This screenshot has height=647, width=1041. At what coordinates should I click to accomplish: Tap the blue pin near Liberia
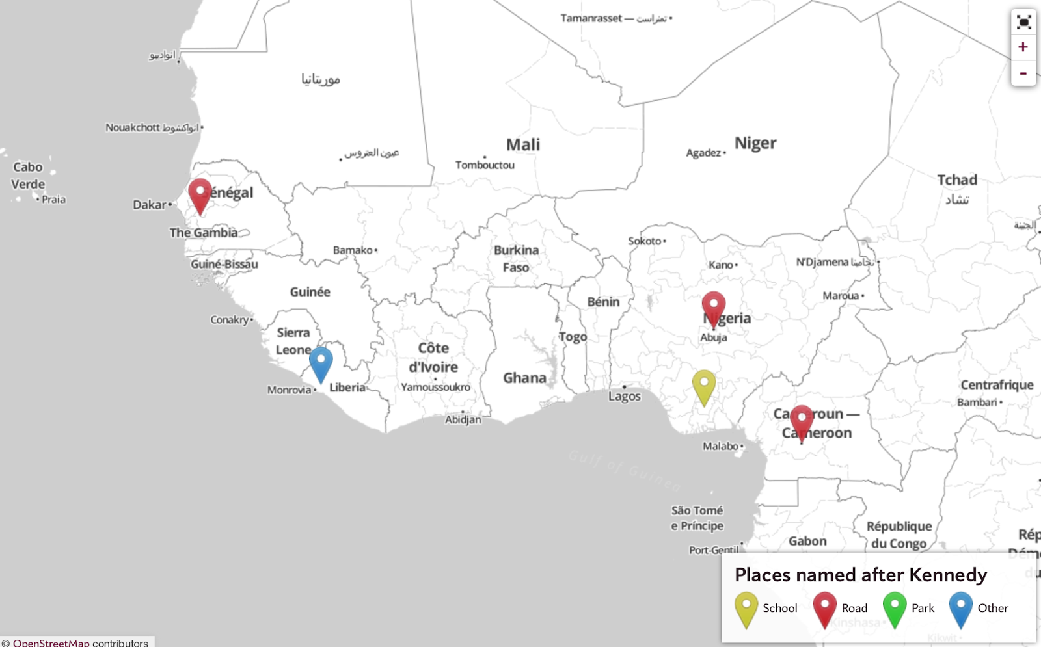pyautogui.click(x=321, y=362)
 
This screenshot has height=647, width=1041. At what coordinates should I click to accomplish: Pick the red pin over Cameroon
pyautogui.click(x=802, y=421)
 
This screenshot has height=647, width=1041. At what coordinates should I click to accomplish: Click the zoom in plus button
pyautogui.click(x=1023, y=47)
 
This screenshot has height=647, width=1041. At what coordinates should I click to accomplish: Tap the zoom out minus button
pyautogui.click(x=1023, y=73)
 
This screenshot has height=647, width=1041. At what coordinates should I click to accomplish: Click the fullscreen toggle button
pyautogui.click(x=1023, y=23)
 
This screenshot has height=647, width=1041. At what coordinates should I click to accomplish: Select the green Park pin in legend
pyautogui.click(x=895, y=609)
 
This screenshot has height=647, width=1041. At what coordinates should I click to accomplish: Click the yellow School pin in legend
pyautogui.click(x=746, y=609)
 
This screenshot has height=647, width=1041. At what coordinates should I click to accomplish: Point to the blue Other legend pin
pyautogui.click(x=960, y=609)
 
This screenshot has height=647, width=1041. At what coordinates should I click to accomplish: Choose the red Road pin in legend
pyautogui.click(x=824, y=609)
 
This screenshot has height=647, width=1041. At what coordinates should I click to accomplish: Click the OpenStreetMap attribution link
pyautogui.click(x=51, y=642)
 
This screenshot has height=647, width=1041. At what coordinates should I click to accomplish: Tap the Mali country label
pyautogui.click(x=523, y=144)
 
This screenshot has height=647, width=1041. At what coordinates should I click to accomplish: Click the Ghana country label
pyautogui.click(x=524, y=378)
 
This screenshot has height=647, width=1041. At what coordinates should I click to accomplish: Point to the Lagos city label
pyautogui.click(x=625, y=396)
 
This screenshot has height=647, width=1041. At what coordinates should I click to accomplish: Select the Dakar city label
pyautogui.click(x=150, y=205)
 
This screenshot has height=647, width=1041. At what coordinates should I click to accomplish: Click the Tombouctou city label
pyautogui.click(x=485, y=165)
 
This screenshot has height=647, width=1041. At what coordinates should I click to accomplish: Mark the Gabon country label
pyautogui.click(x=807, y=541)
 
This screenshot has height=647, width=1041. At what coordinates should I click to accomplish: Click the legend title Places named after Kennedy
pyautogui.click(x=860, y=575)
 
